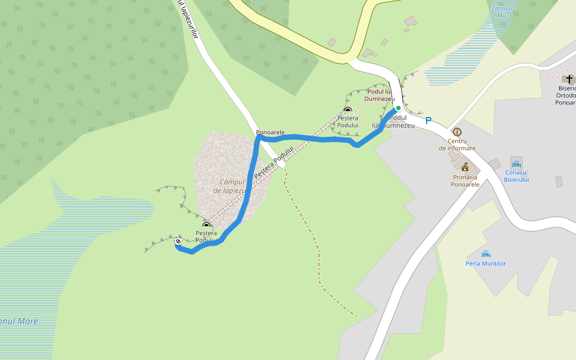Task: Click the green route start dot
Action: point(398,109)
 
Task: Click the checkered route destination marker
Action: point(178,242)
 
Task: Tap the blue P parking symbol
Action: point(428,121)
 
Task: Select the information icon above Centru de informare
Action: point(457,132)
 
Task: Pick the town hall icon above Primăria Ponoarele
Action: point(465,166)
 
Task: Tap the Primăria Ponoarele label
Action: point(465,181)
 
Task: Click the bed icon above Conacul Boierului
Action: point(516,163)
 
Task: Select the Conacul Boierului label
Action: point(516,176)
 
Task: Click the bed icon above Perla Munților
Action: point(486,254)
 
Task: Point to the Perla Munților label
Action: point(486,263)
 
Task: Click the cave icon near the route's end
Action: point(206,226)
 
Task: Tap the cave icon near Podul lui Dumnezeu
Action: point(348,110)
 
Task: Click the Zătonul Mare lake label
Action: point(18,321)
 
